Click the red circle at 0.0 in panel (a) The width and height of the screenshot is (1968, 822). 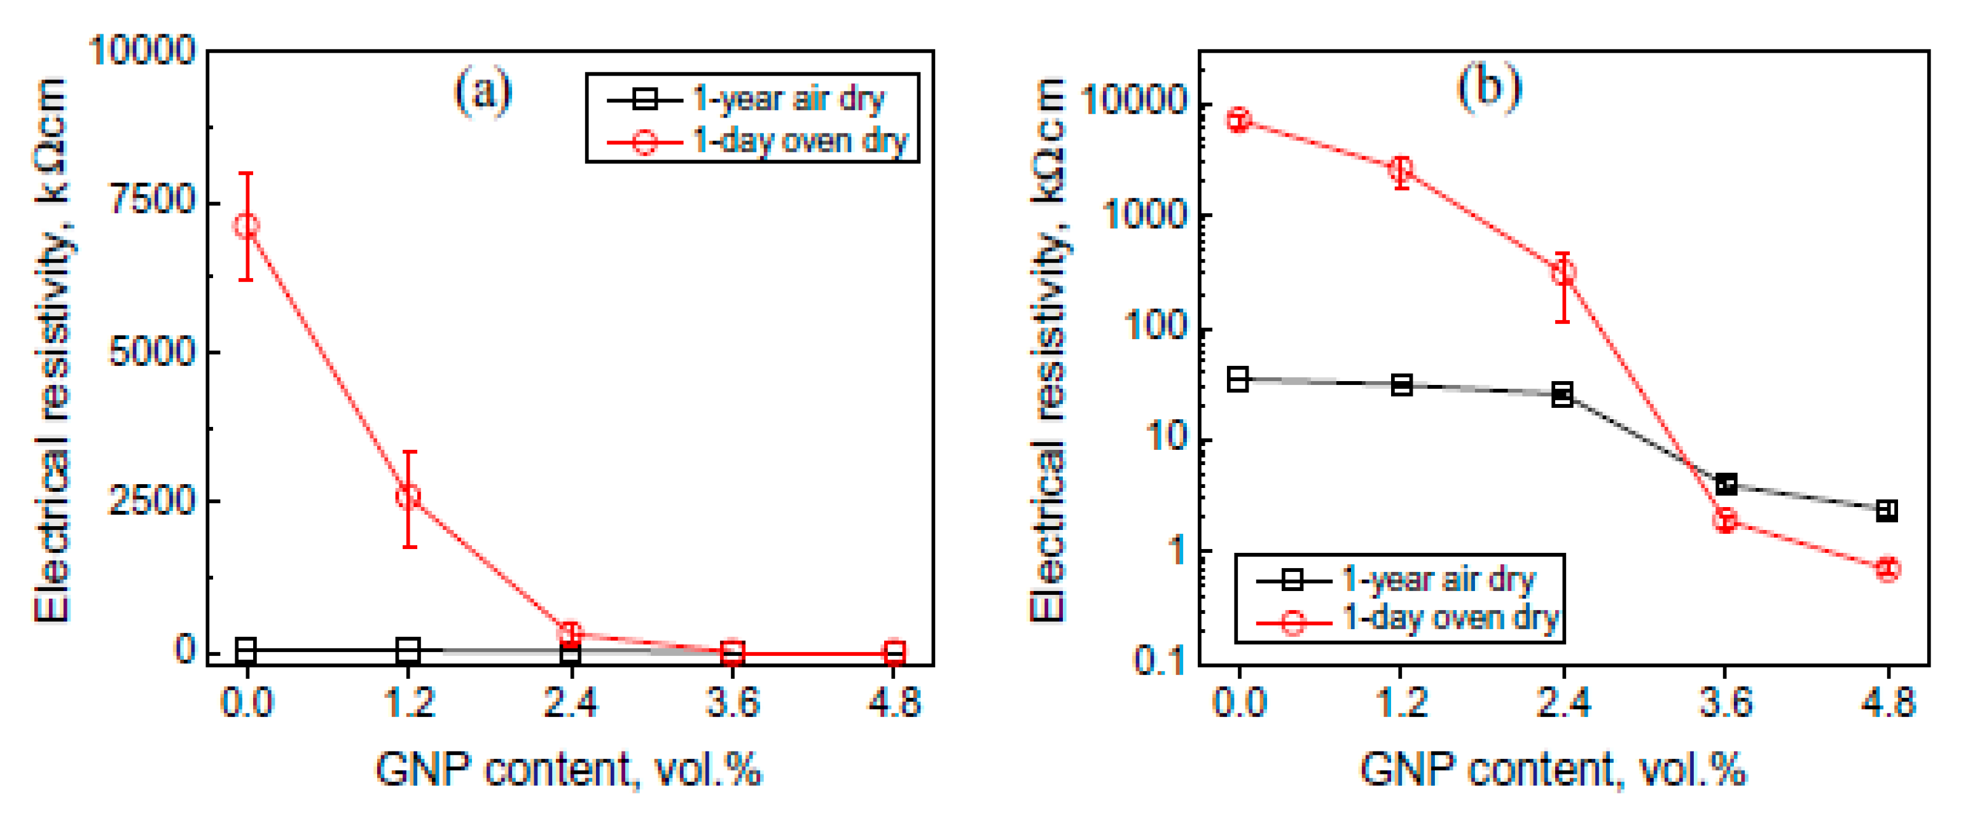[x=246, y=225]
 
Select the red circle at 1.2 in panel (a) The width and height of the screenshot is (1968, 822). [x=409, y=496]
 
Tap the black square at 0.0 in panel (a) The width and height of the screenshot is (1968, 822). [x=246, y=650]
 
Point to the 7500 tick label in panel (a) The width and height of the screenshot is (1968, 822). [x=152, y=200]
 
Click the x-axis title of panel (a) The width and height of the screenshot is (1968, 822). [x=569, y=770]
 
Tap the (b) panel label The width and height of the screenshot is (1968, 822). [x=1488, y=87]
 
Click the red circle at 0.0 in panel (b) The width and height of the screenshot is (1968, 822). [x=1239, y=120]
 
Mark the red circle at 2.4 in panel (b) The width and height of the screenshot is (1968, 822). [x=1563, y=273]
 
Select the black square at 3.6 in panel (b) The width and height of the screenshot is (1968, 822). [x=1726, y=484]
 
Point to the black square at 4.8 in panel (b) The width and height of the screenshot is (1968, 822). [x=1887, y=510]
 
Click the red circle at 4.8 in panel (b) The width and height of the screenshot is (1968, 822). [x=1888, y=569]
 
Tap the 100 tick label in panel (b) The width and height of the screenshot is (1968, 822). [x=1155, y=326]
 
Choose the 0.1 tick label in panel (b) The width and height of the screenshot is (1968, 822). [x=1158, y=661]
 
